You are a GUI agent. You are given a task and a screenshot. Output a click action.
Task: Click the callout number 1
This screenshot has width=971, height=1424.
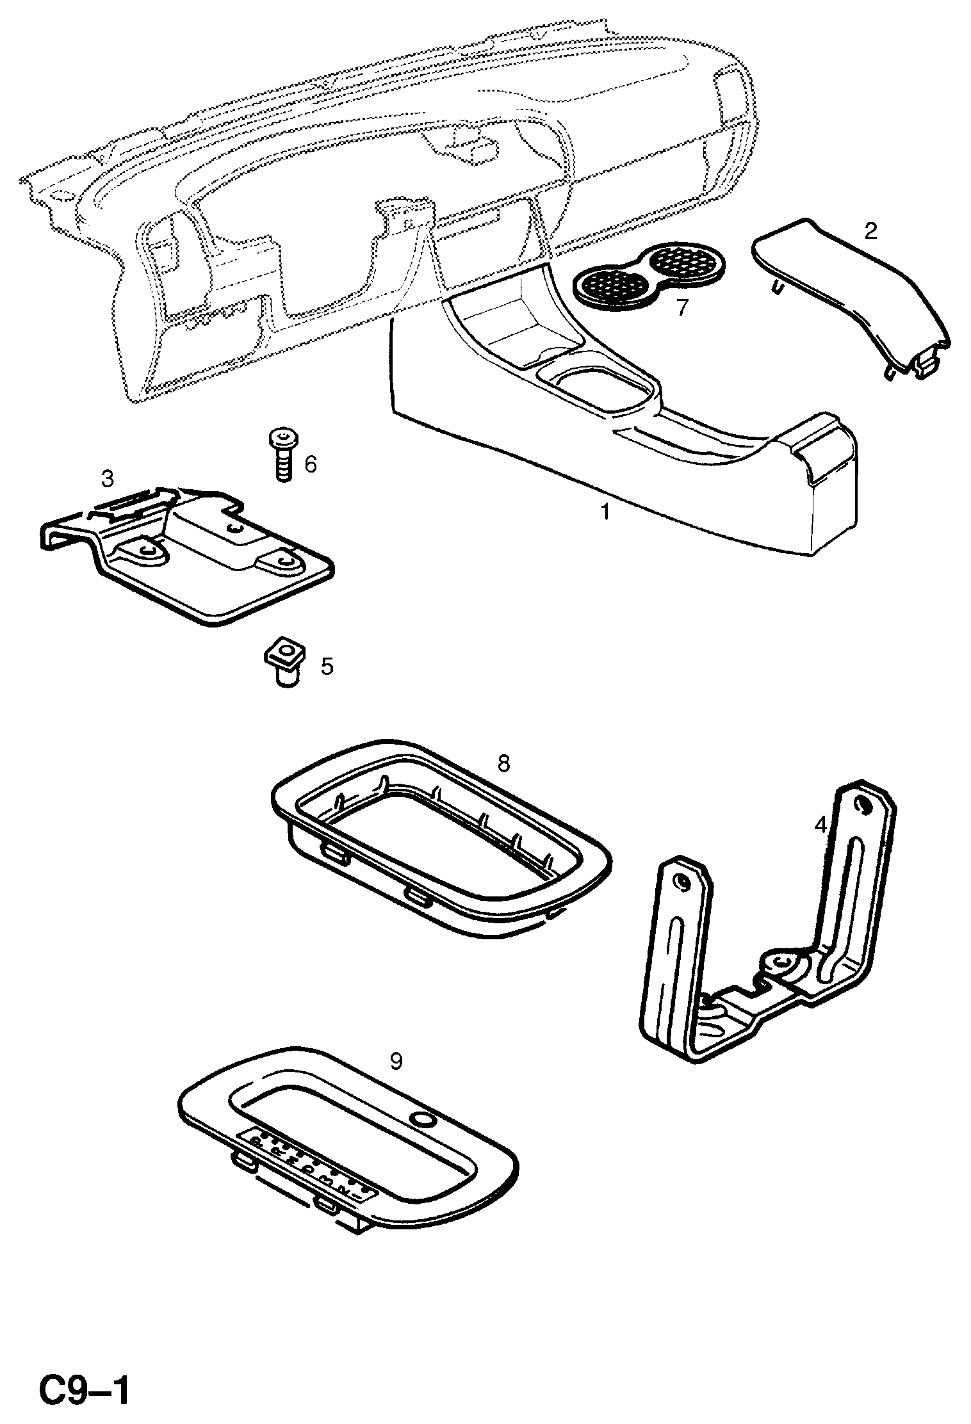tap(604, 512)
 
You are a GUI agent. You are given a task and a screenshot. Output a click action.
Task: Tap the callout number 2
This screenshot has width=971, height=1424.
tap(870, 231)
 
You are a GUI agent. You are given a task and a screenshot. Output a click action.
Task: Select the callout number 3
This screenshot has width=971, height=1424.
tap(107, 478)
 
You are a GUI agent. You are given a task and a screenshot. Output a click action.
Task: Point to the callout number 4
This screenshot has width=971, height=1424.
tap(820, 826)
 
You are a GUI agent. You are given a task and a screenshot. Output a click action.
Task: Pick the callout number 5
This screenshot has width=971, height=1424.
tap(327, 667)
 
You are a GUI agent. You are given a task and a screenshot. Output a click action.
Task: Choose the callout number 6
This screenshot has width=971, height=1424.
tap(311, 464)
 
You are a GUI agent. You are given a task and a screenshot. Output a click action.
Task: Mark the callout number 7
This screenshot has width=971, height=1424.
tap(681, 308)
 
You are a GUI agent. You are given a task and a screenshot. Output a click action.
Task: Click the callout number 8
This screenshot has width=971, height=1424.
tap(503, 763)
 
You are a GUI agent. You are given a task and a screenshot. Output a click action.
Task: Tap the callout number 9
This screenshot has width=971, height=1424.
tap(396, 1062)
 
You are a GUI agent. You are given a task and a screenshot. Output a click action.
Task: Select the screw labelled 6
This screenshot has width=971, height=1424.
tap(281, 455)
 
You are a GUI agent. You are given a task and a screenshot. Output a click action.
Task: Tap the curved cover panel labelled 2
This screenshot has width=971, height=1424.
tap(852, 301)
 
